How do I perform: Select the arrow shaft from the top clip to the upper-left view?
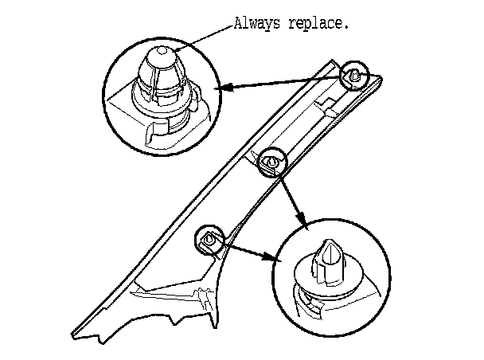tap(287, 82)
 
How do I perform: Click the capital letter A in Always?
tap(237, 23)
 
